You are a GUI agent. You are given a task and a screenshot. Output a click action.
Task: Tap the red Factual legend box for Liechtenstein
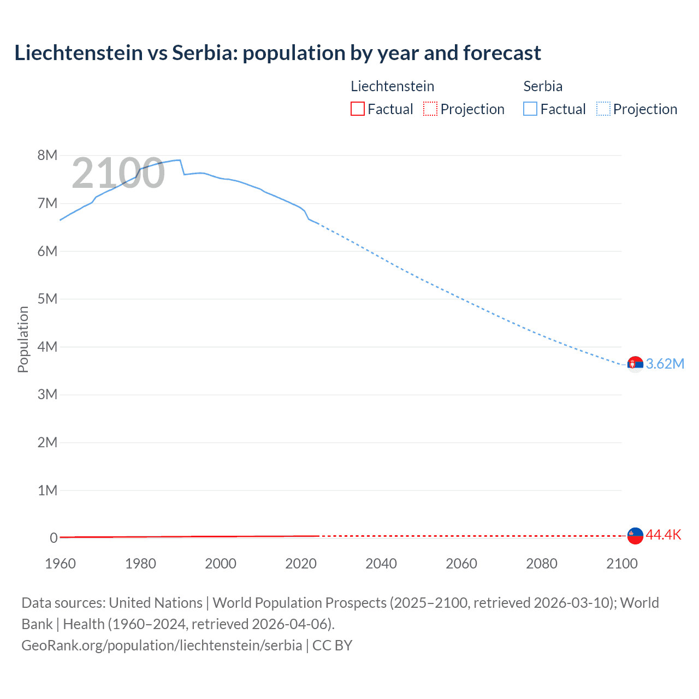(x=357, y=109)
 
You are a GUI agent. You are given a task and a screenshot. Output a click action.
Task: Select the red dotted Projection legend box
(x=430, y=109)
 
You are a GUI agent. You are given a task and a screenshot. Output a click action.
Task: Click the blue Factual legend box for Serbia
(x=530, y=109)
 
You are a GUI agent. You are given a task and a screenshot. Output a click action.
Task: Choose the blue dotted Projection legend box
(x=603, y=109)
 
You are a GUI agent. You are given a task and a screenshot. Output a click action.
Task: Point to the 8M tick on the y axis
(x=48, y=156)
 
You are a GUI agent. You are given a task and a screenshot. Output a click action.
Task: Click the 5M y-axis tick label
(x=48, y=299)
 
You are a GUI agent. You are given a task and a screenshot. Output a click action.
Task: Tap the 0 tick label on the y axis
(x=54, y=538)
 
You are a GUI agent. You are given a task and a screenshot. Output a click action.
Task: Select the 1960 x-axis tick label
(x=60, y=564)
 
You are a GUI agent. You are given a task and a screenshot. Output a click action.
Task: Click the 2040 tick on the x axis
(x=381, y=564)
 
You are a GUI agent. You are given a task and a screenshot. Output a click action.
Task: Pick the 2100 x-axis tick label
(x=621, y=564)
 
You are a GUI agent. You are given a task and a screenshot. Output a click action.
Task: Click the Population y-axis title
(x=23, y=339)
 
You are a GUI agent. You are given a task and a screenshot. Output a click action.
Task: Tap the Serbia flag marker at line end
(x=635, y=364)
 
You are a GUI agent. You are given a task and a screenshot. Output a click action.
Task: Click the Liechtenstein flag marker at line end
(x=635, y=536)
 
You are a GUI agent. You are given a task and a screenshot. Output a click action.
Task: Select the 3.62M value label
(x=665, y=364)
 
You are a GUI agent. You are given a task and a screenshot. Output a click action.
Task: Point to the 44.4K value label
(x=663, y=535)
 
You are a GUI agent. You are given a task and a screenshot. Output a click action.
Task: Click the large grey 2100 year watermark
(x=118, y=173)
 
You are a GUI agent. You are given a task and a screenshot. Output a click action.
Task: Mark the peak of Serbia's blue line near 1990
(x=179, y=160)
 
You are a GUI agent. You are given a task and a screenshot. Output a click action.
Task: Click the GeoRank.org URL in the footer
(x=162, y=645)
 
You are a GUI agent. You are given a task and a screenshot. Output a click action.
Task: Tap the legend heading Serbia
(x=542, y=86)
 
